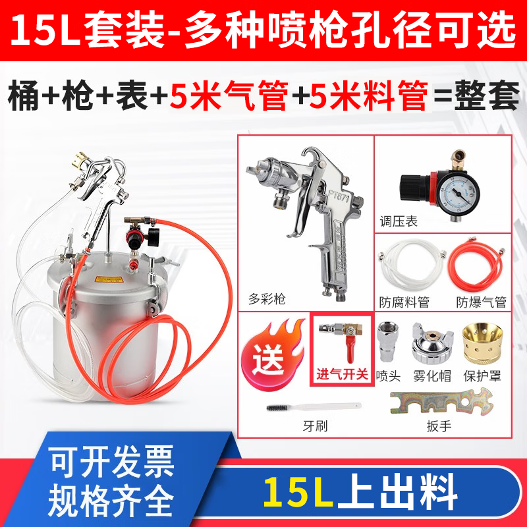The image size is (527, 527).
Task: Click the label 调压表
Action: pyautogui.click(x=399, y=221)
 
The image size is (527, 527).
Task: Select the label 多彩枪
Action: pyautogui.click(x=267, y=298)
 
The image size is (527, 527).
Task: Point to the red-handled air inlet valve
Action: pyautogui.click(x=341, y=339)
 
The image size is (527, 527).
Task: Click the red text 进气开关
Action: pyautogui.click(x=342, y=374)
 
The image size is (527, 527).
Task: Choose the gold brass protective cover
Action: pyautogui.click(x=482, y=343)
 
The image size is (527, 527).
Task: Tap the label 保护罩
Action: pyautogui.click(x=482, y=375)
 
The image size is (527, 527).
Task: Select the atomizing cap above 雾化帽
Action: pyautogui.click(x=433, y=343)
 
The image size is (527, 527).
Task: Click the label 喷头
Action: pyautogui.click(x=388, y=375)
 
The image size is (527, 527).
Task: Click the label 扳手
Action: pyautogui.click(x=439, y=426)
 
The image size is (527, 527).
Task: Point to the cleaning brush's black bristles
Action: pyautogui.click(x=277, y=408)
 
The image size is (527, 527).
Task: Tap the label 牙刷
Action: pyautogui.click(x=315, y=426)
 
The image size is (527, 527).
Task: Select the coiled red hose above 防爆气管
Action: pyautogui.click(x=476, y=266)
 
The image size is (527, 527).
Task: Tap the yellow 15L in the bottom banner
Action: pyautogui.click(x=298, y=492)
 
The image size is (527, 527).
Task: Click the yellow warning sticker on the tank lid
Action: pyautogui.click(x=108, y=279)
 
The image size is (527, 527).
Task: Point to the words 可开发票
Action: pyautogui.click(x=112, y=462)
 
